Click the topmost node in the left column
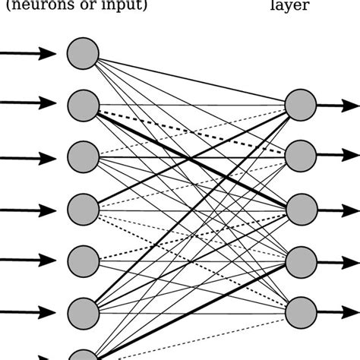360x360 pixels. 83,53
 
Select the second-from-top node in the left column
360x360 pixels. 83,105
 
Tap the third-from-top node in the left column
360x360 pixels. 83,156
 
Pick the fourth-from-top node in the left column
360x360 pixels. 83,207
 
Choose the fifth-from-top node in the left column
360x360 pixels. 83,260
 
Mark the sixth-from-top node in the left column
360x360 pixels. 83,311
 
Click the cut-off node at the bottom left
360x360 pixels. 83,354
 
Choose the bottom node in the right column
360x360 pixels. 300,311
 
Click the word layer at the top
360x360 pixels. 299,7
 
